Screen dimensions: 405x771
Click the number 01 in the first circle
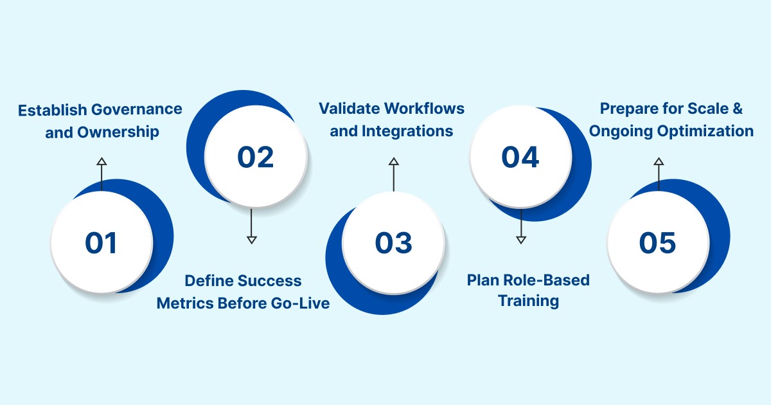coord(102,243)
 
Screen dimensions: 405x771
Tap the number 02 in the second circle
coord(255,157)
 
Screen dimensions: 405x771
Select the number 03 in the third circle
coord(393,243)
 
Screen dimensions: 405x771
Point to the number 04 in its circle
coord(520,157)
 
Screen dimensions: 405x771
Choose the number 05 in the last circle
coord(657,243)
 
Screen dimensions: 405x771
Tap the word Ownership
coord(118,132)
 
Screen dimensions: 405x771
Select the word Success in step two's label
coord(269,281)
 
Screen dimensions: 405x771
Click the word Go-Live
coord(301,303)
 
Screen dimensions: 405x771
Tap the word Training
coord(529,301)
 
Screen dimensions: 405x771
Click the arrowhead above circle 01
coord(101,161)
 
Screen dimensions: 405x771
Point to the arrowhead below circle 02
coord(252,239)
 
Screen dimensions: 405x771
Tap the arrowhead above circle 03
coord(393,161)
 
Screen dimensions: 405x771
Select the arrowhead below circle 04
coord(521,239)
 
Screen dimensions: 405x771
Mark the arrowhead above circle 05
coord(658,161)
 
